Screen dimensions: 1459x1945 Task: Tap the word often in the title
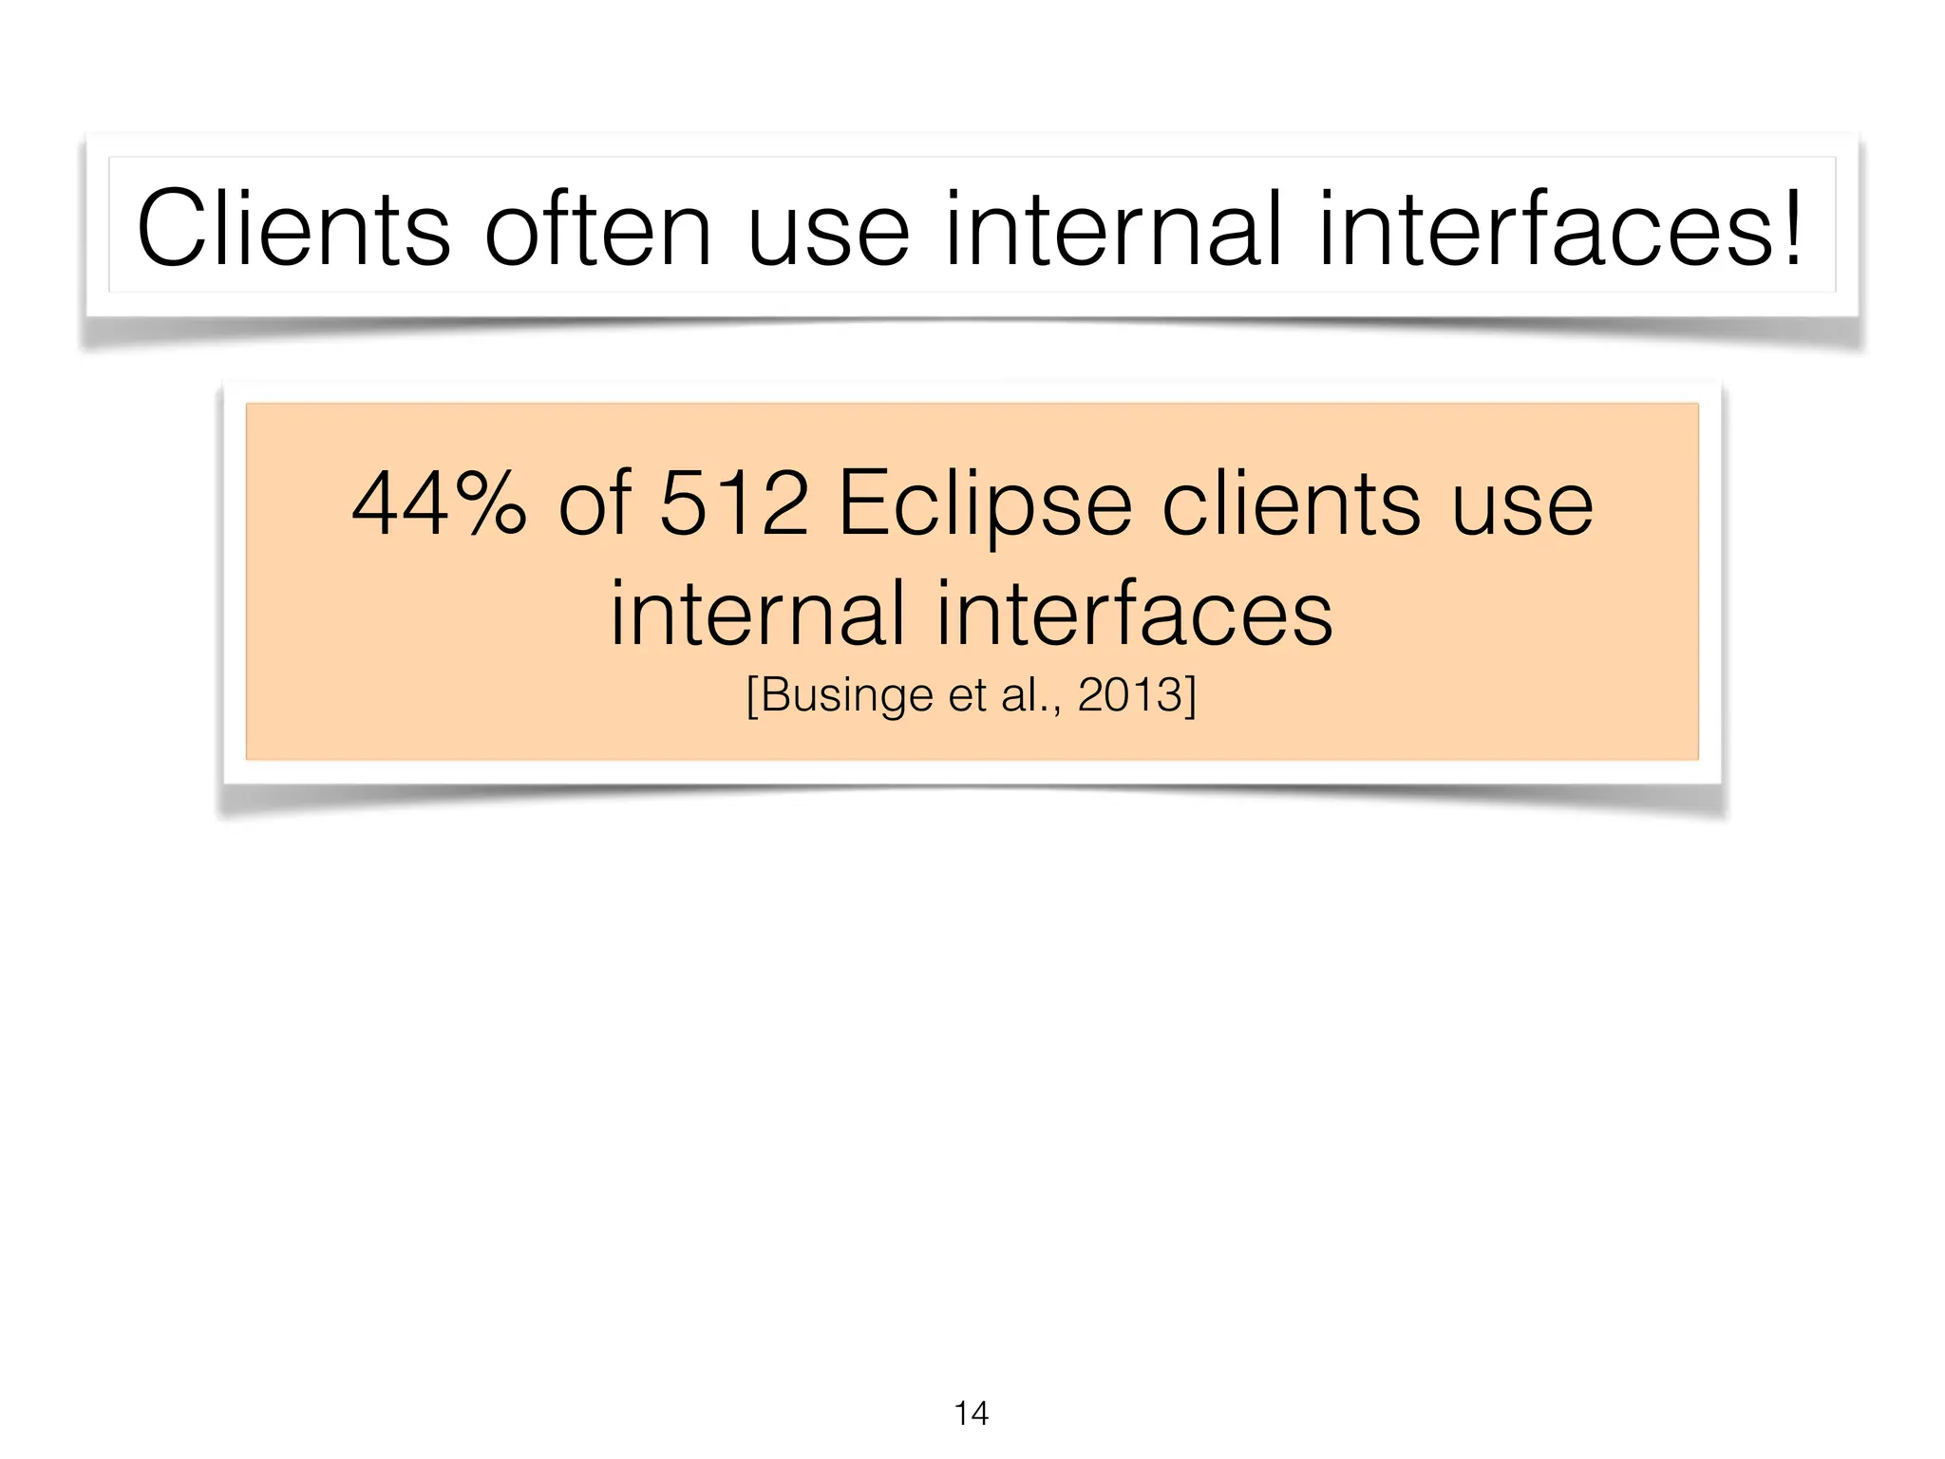(x=597, y=229)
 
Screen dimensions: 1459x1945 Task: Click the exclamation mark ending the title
(x=1791, y=229)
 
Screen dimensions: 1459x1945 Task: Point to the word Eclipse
(x=985, y=505)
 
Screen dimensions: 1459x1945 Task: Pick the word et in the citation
(x=967, y=695)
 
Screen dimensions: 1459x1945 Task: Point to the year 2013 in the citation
(x=1129, y=695)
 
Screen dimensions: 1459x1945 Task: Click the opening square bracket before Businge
(x=751, y=696)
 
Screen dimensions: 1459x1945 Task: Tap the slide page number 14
(x=971, y=1413)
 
